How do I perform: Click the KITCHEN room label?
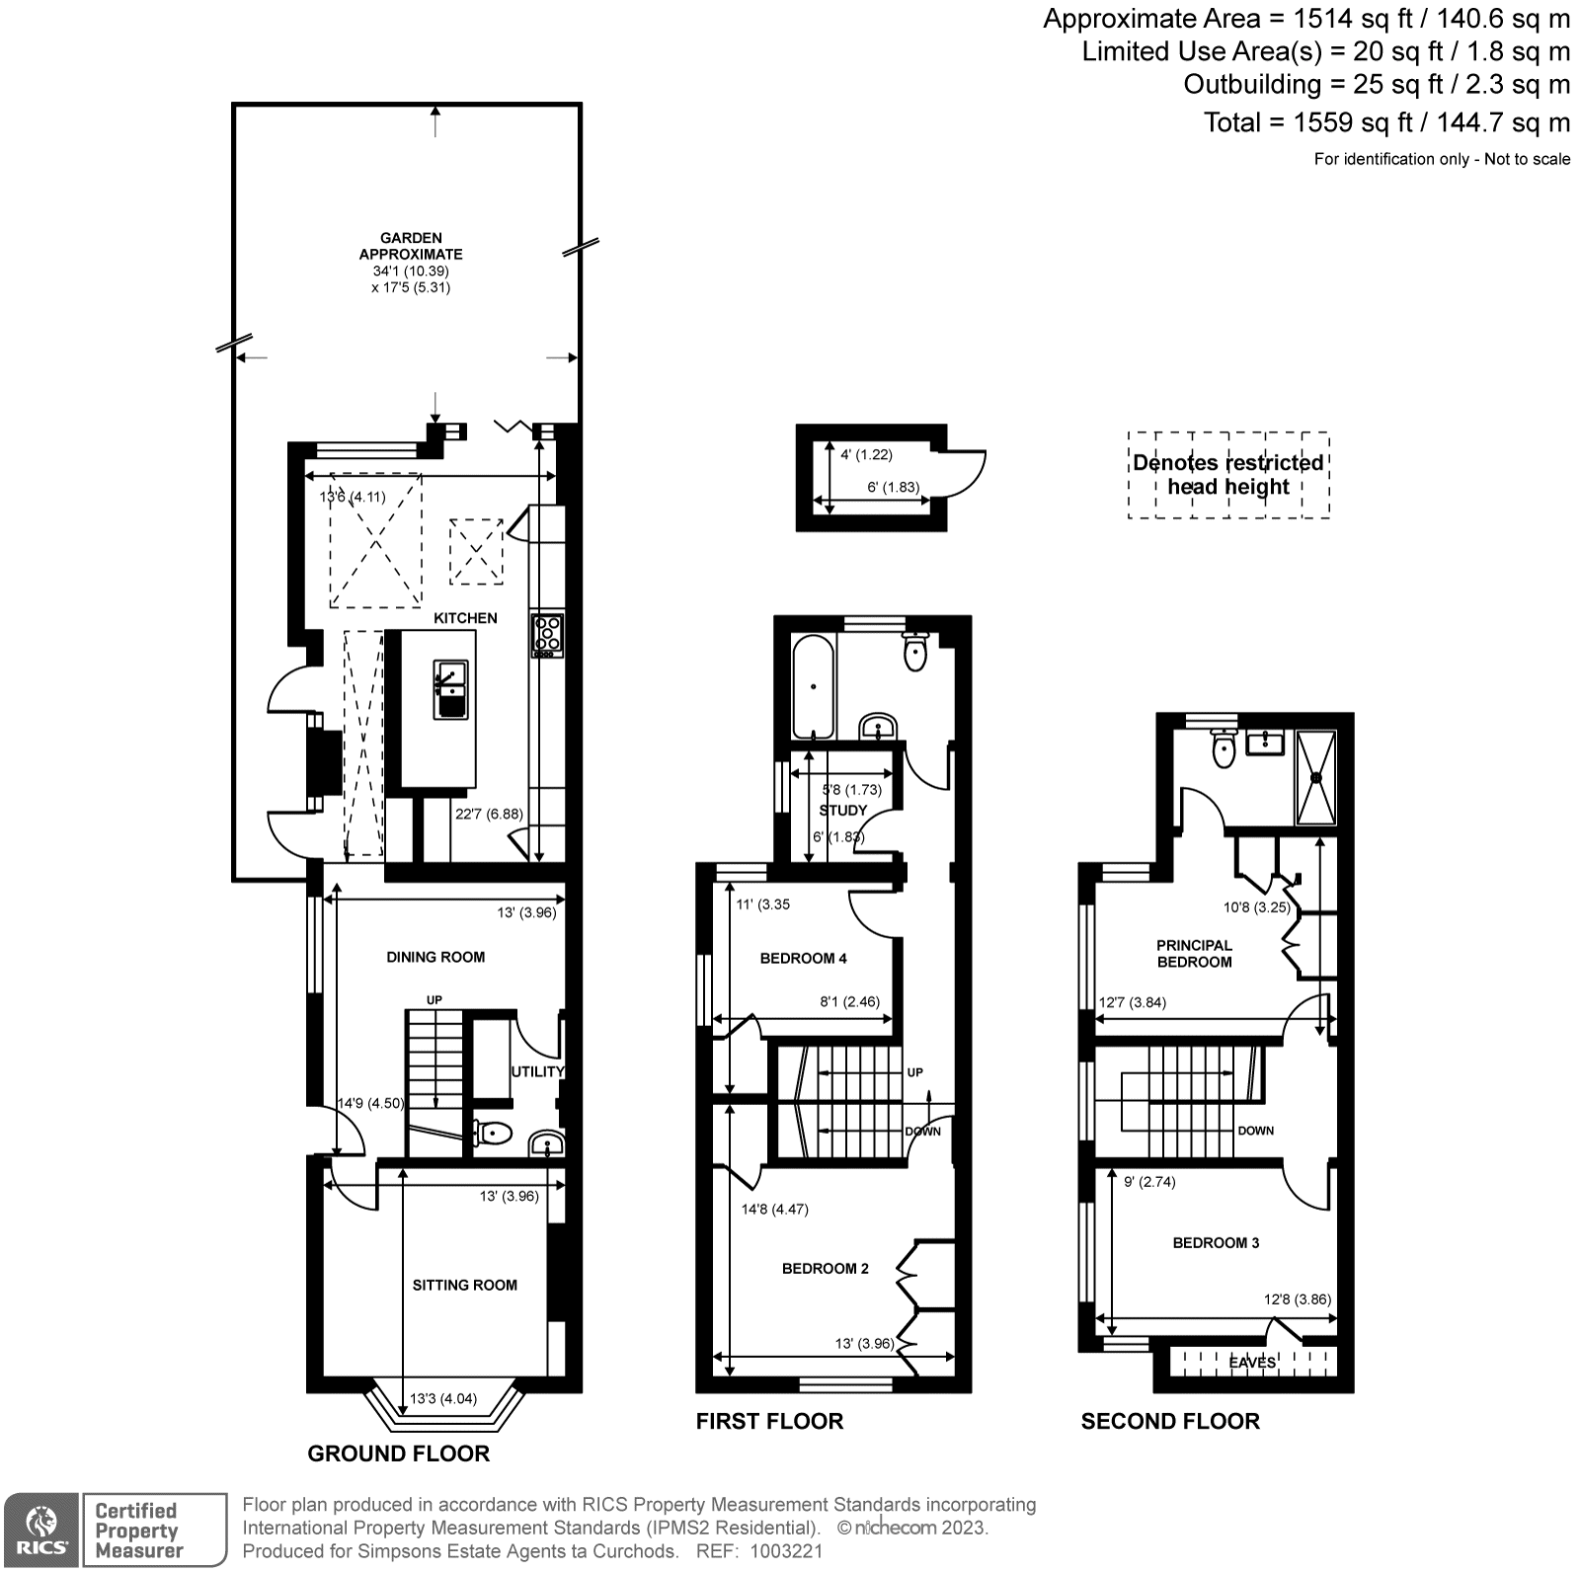[465, 618]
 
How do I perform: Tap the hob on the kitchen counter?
[547, 635]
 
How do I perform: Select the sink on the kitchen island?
[448, 688]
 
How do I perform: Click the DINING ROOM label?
[435, 957]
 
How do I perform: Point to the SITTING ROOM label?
[465, 1285]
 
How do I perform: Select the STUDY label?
[842, 810]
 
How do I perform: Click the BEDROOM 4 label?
[803, 958]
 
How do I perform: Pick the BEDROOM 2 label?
[825, 1268]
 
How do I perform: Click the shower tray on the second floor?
[1315, 777]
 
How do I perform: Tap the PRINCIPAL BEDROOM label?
[1194, 953]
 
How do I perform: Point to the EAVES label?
[1252, 1363]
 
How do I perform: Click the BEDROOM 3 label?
[1216, 1242]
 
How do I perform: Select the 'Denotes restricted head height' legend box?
[1228, 475]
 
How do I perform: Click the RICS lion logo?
[40, 1528]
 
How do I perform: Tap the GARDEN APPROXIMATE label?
[411, 246]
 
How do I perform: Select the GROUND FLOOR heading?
[398, 1454]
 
